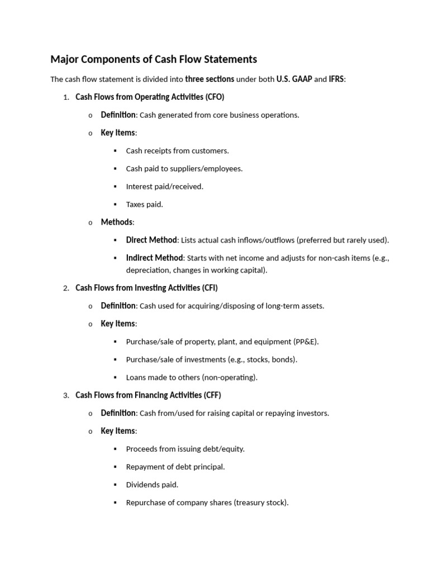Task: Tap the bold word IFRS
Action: tap(337, 79)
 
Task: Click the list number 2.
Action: tap(66, 288)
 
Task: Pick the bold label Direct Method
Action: tap(151, 240)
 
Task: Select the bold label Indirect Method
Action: tap(154, 258)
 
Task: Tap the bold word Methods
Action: tap(117, 222)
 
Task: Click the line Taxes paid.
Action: tap(145, 205)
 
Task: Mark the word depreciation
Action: tap(147, 270)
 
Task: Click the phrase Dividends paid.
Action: tap(152, 485)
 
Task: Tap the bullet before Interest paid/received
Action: tap(115, 187)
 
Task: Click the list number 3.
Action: tap(66, 396)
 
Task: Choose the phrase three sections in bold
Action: tap(209, 79)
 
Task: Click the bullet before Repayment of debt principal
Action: tap(115, 467)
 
